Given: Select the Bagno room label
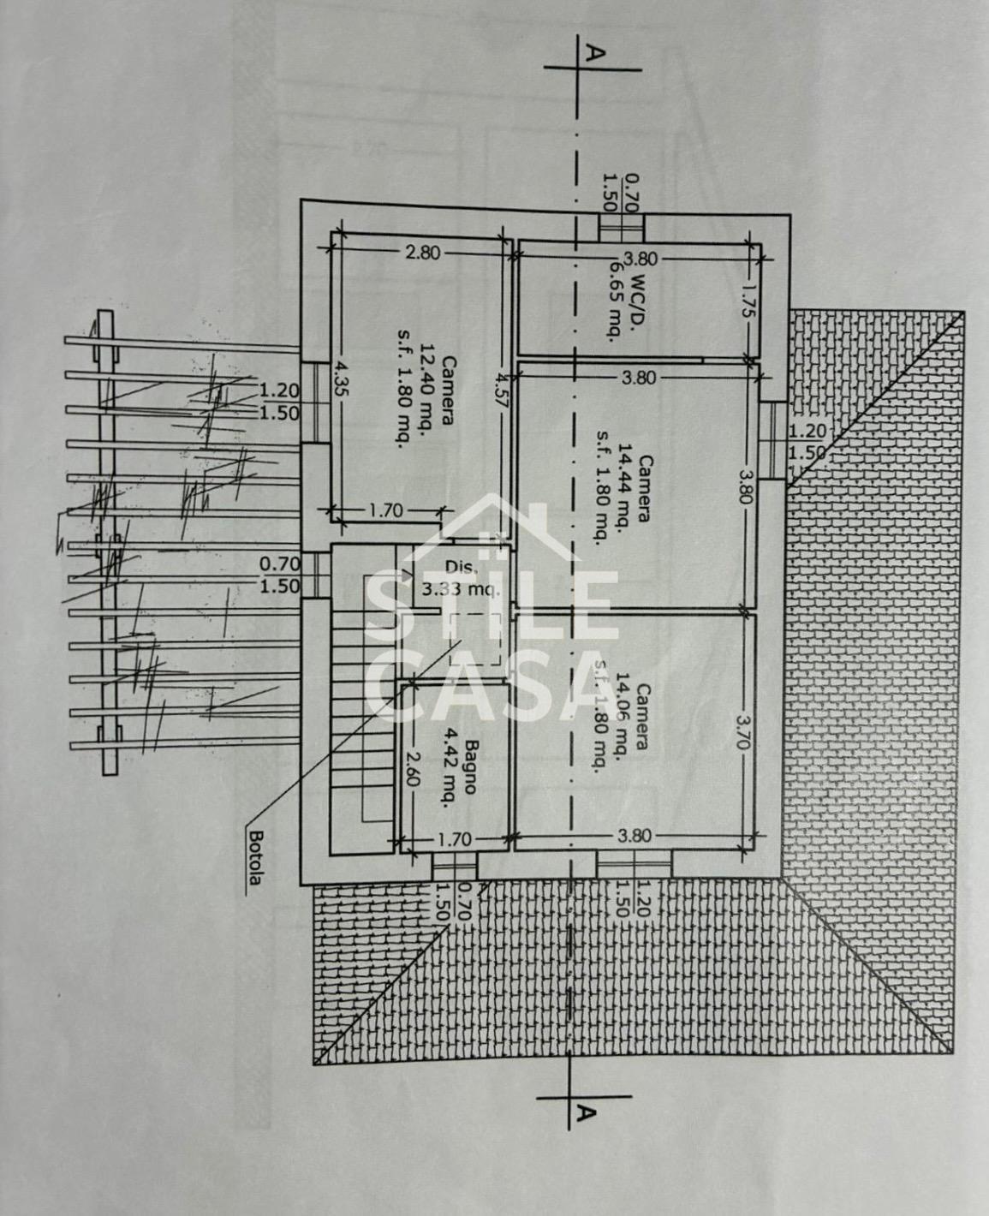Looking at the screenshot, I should coord(468,767).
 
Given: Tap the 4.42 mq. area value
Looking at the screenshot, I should coord(447,768).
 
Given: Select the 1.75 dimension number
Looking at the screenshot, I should coord(750,301).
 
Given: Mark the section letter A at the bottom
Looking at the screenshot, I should coord(586,1112).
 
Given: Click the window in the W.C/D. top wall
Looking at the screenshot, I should coord(621,227).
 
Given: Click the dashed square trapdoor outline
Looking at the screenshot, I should coord(474,639).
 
